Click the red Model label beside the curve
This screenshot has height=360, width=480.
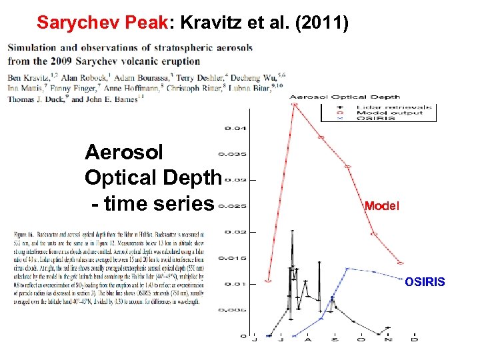(382, 207)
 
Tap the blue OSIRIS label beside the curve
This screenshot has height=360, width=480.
(425, 283)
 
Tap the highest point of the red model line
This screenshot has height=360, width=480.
(294, 103)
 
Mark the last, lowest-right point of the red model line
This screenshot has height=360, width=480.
(401, 263)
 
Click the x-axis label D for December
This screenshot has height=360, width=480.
(415, 340)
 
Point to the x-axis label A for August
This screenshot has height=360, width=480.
(308, 340)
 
